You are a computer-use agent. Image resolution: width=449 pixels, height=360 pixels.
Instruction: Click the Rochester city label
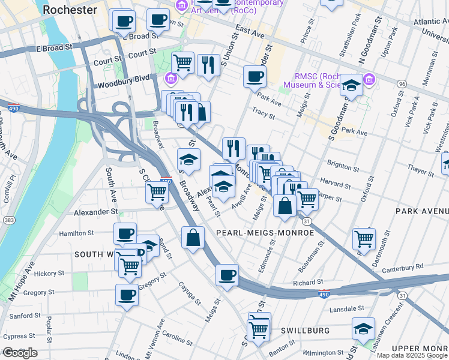pyautogui.click(x=70, y=10)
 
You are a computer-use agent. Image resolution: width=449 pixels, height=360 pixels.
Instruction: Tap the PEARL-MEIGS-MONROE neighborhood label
pyautogui.click(x=265, y=232)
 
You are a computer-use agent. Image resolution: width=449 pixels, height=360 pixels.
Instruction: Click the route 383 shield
pyautogui.click(x=4, y=221)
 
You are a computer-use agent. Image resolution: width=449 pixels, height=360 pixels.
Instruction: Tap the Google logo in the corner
pyautogui.click(x=20, y=353)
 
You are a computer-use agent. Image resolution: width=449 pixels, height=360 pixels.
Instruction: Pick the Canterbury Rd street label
pyautogui.click(x=402, y=266)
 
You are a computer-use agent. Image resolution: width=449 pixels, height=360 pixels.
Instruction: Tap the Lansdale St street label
pyautogui.click(x=348, y=308)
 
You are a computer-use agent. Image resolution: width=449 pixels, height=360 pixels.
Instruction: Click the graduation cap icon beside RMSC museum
pyautogui.click(x=351, y=85)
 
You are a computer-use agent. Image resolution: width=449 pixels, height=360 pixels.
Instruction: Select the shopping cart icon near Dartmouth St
pyautogui.click(x=364, y=238)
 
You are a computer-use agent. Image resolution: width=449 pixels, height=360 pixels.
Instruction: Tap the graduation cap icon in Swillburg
pyautogui.click(x=363, y=328)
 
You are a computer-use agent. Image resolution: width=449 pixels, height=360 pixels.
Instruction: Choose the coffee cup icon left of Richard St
pyautogui.click(x=227, y=275)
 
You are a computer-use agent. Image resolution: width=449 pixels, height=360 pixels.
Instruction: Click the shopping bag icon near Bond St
pyautogui.click(x=193, y=238)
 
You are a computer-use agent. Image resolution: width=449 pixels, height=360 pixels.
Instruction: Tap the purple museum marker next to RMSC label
pyautogui.click(x=369, y=79)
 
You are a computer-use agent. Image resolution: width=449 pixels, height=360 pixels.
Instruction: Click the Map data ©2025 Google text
pyautogui.click(x=412, y=355)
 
